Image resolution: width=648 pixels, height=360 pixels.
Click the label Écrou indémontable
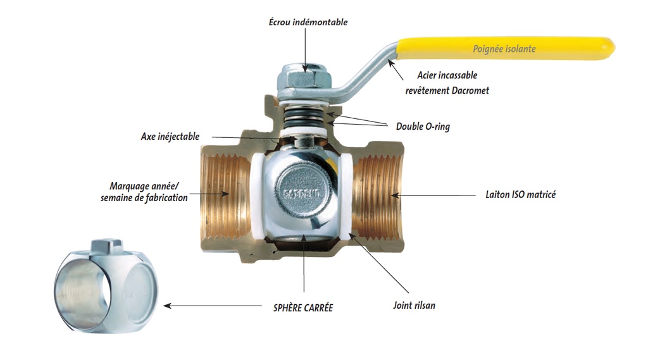(308, 22)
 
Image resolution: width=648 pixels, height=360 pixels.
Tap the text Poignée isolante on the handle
(504, 49)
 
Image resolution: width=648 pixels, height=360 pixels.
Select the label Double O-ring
(423, 127)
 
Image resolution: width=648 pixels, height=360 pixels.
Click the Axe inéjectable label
(170, 137)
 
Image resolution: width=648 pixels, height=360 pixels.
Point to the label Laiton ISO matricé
(520, 195)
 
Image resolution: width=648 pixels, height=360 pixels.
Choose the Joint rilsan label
(414, 306)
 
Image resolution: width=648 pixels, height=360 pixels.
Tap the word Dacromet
(470, 90)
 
